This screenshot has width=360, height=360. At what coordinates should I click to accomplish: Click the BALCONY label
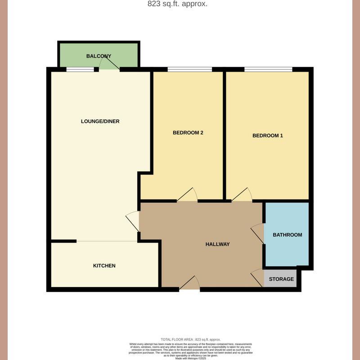click(99, 56)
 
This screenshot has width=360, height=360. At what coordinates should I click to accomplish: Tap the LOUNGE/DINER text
click(100, 121)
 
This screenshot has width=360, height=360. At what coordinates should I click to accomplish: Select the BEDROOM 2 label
click(189, 133)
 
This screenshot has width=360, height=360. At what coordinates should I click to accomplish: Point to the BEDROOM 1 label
click(268, 135)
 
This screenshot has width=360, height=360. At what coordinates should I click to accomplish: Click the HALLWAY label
click(218, 244)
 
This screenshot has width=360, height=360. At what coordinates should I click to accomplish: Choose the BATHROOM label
click(287, 235)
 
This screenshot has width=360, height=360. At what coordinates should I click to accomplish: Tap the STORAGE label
click(281, 279)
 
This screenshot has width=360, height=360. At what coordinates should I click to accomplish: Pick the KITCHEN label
click(104, 265)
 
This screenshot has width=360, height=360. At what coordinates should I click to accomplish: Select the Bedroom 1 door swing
click(243, 194)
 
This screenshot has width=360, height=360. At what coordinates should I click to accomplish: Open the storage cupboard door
click(257, 277)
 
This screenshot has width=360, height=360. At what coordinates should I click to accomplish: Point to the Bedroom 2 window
click(189, 69)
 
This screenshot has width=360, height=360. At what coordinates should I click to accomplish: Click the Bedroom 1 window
click(268, 69)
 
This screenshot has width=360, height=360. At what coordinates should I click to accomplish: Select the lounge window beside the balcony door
click(81, 69)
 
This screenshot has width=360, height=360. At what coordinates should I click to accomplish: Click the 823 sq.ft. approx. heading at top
click(177, 4)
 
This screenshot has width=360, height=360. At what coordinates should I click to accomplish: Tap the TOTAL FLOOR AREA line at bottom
click(191, 339)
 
